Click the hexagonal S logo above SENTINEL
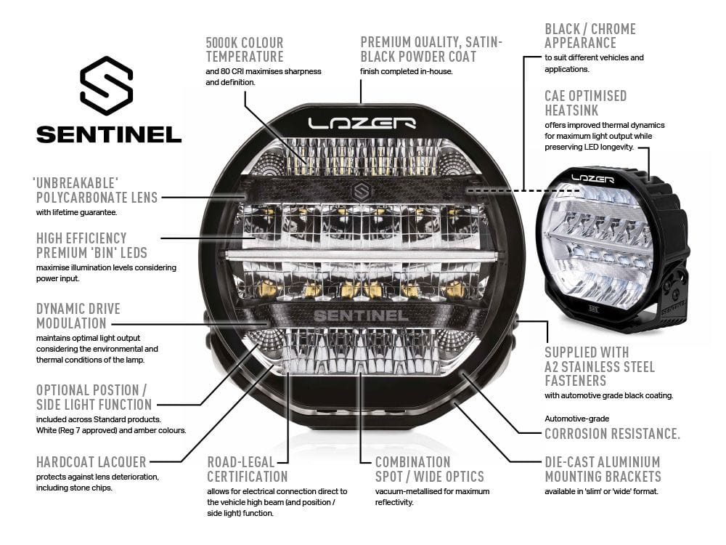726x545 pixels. [107, 86]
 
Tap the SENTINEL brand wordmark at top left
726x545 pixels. [109, 134]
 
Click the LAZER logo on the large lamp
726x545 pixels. [361, 123]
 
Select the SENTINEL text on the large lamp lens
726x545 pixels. [360, 316]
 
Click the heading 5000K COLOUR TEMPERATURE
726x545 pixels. [245, 49]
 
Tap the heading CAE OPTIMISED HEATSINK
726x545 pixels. [585, 102]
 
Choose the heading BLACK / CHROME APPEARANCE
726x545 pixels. [590, 36]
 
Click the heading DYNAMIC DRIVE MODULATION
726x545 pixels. [78, 315]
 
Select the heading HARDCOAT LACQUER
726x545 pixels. [91, 461]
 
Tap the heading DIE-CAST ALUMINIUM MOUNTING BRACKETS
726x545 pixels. [603, 469]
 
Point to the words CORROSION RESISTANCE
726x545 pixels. [612, 434]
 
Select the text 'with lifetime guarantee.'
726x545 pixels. [76, 213]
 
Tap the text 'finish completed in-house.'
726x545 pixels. [406, 71]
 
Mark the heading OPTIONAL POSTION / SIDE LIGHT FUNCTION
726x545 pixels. [94, 397]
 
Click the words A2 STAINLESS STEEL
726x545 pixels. [600, 367]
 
